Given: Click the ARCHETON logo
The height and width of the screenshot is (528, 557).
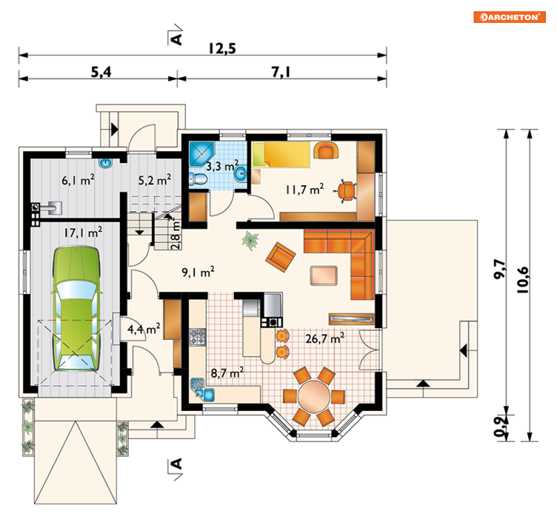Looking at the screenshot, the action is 509,17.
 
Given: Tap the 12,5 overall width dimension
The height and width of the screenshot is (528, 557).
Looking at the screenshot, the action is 222,49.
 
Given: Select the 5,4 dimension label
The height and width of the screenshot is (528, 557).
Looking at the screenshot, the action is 101,72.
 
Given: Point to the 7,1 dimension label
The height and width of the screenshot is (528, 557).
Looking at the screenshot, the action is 281,72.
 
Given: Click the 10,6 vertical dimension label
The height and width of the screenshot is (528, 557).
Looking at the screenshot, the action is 523,280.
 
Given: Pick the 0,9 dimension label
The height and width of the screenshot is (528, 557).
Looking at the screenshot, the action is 500,427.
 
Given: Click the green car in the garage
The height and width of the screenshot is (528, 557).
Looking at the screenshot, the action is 76,309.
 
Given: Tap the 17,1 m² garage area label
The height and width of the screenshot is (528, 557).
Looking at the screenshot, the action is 83,232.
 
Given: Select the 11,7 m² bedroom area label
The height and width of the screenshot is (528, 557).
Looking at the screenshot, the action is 305,189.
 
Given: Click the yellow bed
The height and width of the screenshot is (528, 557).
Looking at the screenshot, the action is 281,155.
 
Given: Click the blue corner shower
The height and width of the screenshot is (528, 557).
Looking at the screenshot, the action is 202,153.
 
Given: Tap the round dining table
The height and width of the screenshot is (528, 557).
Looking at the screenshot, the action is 313,396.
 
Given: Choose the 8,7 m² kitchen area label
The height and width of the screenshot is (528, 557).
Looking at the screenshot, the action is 227,373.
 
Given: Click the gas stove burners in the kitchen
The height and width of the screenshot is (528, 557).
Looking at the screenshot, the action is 197,337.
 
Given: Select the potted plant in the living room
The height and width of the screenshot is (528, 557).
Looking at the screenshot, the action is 250,240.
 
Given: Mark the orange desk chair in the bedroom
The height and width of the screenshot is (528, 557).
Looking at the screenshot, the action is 345,191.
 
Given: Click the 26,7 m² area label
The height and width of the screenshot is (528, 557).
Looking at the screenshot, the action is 325,338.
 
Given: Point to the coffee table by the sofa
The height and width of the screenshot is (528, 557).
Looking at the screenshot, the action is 324,275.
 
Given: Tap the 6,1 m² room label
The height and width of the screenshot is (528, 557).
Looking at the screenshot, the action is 78,180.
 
